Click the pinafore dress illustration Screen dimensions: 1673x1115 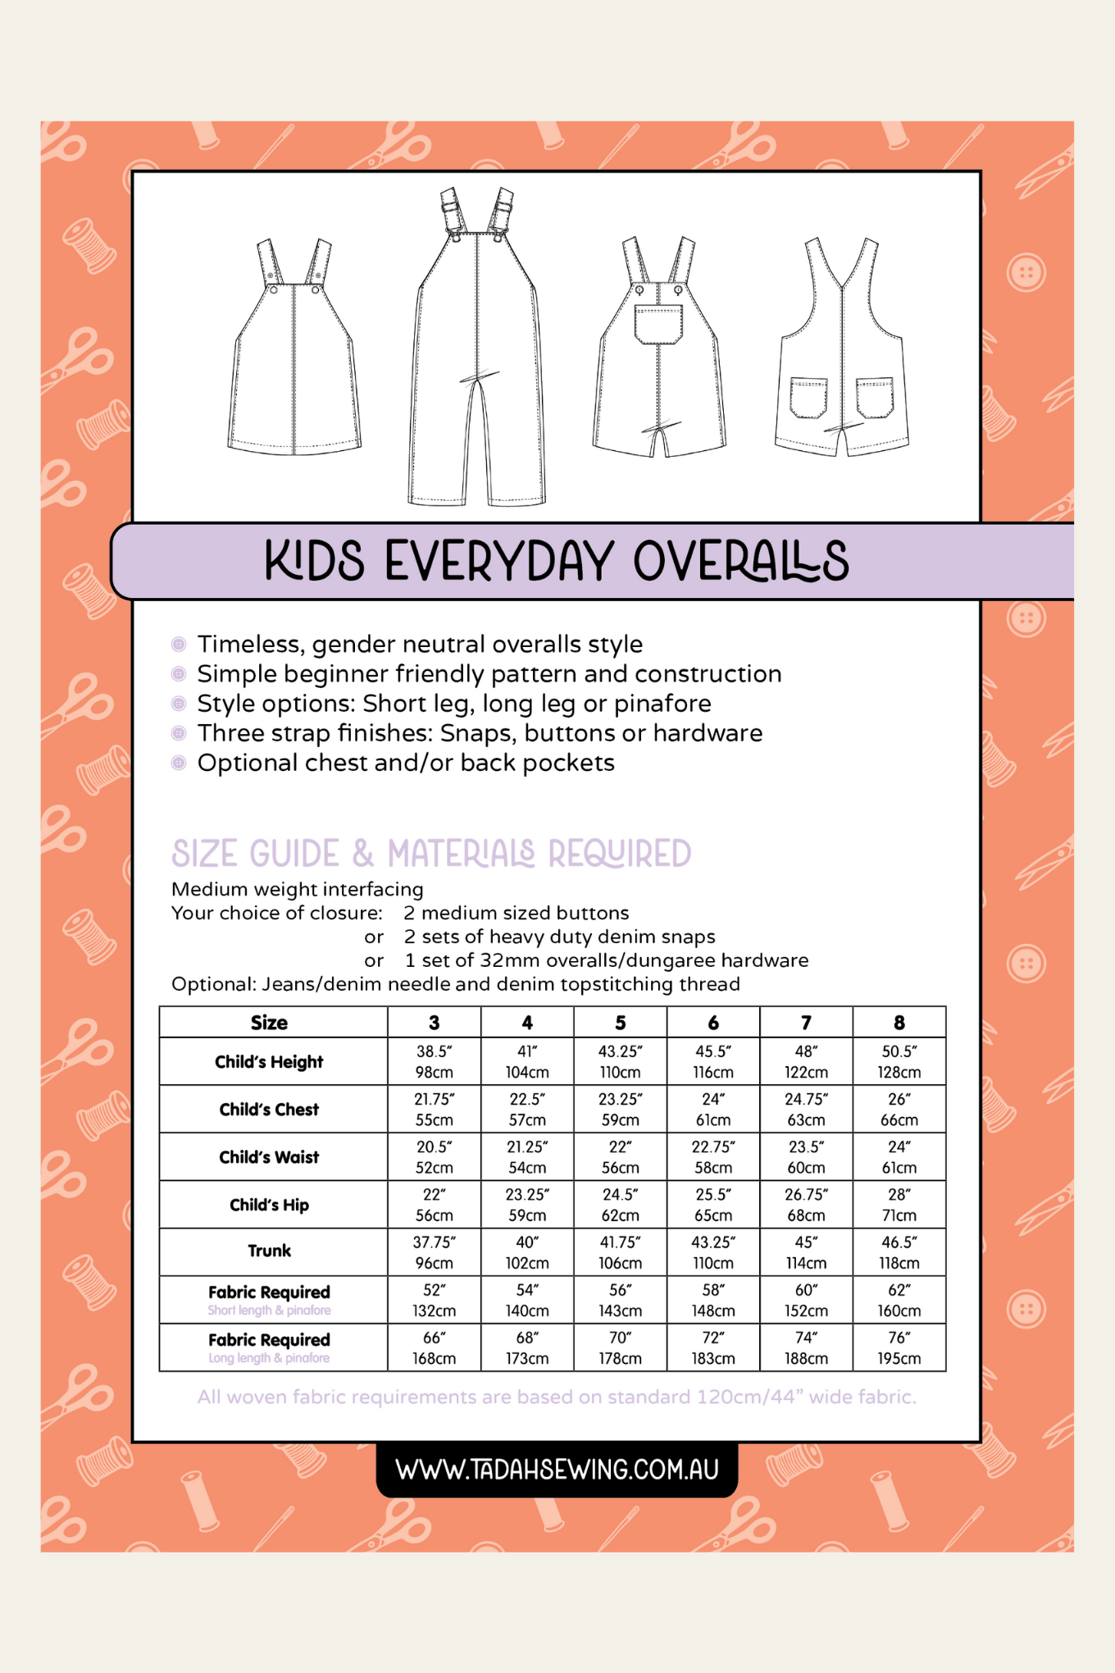(x=294, y=361)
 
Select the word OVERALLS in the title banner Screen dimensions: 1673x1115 (x=740, y=562)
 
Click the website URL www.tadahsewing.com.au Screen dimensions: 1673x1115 (x=557, y=1469)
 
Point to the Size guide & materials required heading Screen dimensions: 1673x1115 (x=431, y=854)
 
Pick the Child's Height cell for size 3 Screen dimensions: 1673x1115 (x=434, y=1061)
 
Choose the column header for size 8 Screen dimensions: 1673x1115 (x=899, y=1023)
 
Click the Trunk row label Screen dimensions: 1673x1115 (x=270, y=1251)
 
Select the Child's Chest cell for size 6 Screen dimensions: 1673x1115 (x=712, y=1109)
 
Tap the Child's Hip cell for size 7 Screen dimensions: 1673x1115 (x=806, y=1204)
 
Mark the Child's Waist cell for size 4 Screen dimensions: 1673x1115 (x=526, y=1156)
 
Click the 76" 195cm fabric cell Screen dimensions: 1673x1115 (x=899, y=1347)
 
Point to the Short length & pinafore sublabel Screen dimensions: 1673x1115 (x=269, y=1311)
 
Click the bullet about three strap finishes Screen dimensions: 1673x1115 (x=480, y=733)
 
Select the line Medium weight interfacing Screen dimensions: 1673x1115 (x=298, y=889)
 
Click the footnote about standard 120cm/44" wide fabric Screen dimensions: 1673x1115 (x=557, y=1397)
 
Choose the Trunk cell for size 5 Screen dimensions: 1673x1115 (x=620, y=1252)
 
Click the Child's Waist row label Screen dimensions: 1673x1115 (x=269, y=1157)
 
